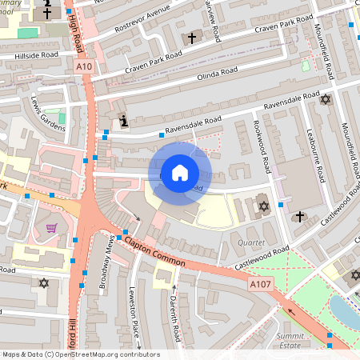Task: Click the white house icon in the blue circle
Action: tap(180, 172)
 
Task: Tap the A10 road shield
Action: tap(84, 68)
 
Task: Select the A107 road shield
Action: tap(259, 283)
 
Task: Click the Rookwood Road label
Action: tap(263, 150)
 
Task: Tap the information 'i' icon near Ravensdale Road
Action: tap(124, 121)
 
